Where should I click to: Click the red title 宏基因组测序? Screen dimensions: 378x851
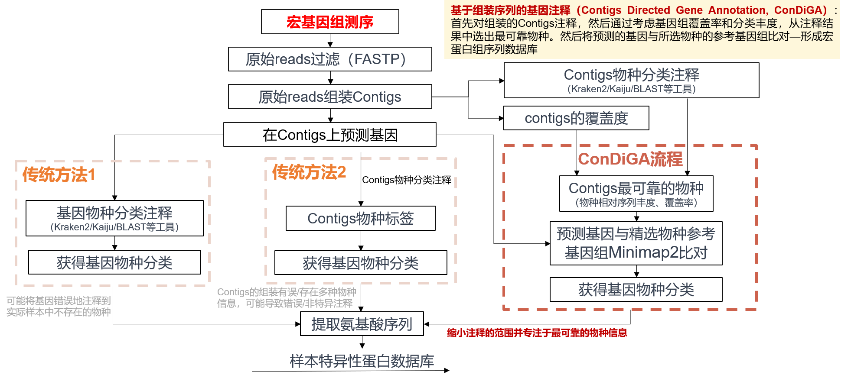point(329,22)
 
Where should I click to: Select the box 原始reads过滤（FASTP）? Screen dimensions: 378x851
point(329,59)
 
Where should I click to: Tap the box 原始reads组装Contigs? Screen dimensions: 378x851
point(329,97)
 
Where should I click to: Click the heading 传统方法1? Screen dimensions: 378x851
point(59,175)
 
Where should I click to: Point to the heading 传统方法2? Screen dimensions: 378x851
point(309,172)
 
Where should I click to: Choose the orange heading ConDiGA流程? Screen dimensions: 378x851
point(630,159)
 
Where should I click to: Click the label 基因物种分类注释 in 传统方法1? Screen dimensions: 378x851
point(114,213)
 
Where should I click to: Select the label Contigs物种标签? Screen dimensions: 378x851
point(360,219)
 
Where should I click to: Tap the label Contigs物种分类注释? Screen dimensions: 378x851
point(631,75)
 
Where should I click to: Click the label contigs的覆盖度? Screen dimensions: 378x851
point(576,118)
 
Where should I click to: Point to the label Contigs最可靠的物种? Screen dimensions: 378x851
point(636,188)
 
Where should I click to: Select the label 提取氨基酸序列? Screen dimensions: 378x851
point(362,324)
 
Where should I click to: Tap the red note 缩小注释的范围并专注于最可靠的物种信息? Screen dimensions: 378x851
point(537,333)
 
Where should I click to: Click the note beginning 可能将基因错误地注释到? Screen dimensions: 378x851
point(59,306)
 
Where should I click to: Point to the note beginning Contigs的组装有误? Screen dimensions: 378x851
point(286,297)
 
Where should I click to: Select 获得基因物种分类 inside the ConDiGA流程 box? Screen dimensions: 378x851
point(636,290)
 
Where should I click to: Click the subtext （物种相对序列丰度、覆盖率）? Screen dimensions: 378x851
point(636,203)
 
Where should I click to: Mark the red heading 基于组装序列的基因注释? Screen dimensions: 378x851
point(510,10)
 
